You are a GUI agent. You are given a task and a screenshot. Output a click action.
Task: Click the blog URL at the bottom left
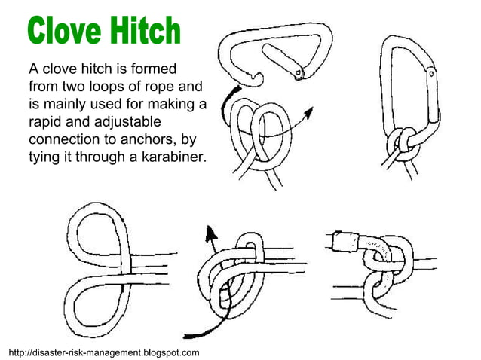103,352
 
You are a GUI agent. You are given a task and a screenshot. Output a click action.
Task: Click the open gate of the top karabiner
283,60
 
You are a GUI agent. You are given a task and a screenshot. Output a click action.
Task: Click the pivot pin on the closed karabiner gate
431,73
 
